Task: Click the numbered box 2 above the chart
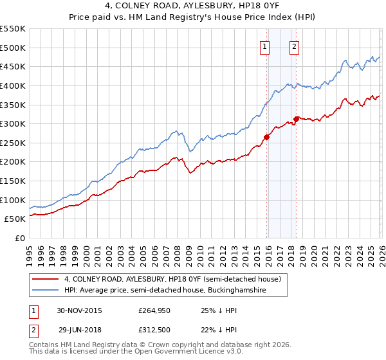[295, 46]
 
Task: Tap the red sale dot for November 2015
[266, 136]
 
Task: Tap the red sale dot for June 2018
[296, 118]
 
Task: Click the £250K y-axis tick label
[13, 143]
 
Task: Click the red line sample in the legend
[46, 280]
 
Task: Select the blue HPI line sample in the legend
[46, 291]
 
